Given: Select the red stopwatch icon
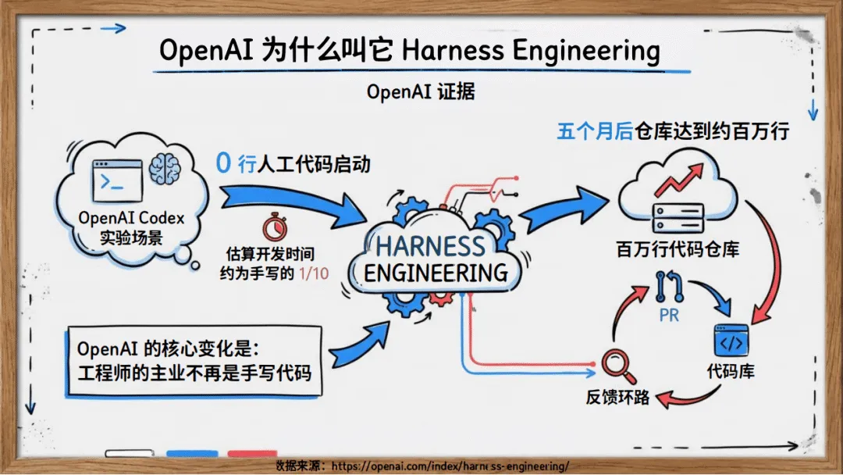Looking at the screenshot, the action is pos(273,227).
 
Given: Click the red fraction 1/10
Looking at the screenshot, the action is pos(313,274).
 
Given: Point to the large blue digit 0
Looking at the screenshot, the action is pos(223,164).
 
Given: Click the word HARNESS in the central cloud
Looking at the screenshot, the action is pos(430,246).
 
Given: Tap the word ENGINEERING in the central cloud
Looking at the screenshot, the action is pos(436,273).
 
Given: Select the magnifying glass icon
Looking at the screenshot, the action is pos(614,363).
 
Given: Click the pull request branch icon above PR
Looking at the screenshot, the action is pos(670,288).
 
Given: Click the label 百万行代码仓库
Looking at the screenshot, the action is pos(678,250).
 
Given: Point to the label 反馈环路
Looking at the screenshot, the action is pos(617,396).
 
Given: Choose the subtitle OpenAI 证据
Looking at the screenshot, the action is pos(421,91).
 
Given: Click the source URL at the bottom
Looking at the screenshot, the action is pos(450,466).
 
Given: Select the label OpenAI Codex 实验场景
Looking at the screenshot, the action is pos(131,227).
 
